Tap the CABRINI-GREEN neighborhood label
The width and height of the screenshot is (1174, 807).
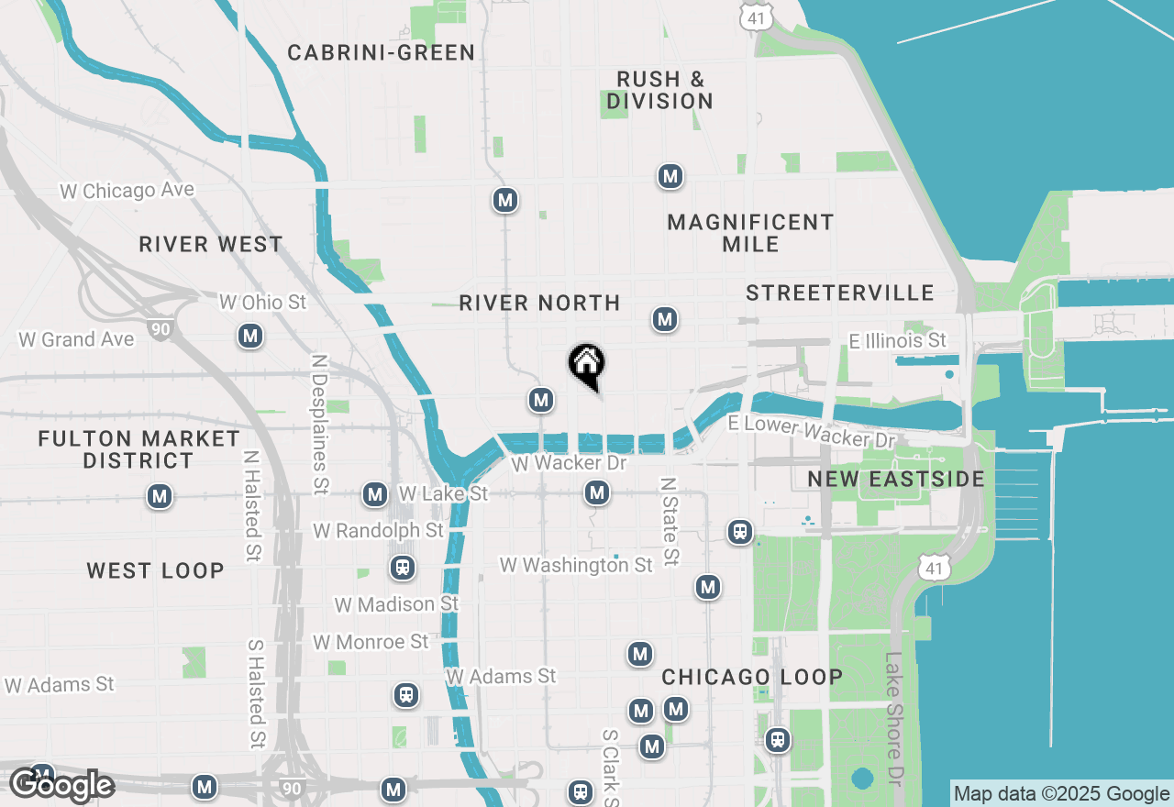tap(382, 53)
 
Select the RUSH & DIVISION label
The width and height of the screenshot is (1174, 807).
tap(659, 90)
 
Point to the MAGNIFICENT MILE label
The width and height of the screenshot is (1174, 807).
tap(750, 233)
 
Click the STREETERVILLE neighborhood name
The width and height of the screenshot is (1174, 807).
tap(839, 293)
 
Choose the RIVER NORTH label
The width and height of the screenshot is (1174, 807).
tap(539, 303)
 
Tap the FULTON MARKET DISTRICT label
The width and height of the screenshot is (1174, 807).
tap(138, 449)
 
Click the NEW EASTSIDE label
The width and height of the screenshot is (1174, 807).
tap(896, 479)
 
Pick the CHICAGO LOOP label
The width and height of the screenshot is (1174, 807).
tap(752, 677)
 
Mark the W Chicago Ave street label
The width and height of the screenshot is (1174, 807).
tap(127, 191)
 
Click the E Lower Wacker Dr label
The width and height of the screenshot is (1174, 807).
tap(812, 431)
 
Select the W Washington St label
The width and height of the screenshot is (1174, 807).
tap(576, 565)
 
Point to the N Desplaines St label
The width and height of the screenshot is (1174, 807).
tap(319, 425)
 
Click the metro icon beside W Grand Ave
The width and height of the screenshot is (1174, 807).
tap(250, 337)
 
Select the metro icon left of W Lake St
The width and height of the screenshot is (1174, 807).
tap(374, 494)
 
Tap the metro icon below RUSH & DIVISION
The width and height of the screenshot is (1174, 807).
tap(670, 176)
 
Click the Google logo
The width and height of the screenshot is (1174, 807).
tap(61, 785)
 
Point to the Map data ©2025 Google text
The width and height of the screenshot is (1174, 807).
tap(1061, 794)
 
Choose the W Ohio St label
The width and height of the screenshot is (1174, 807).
tap(262, 302)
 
